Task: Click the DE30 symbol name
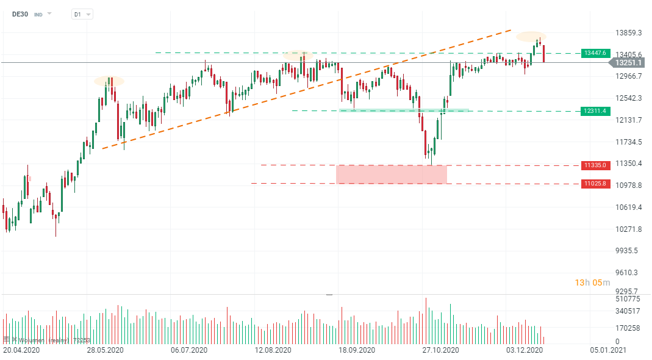(x=20, y=13)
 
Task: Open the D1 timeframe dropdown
(x=82, y=14)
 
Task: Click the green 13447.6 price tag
(x=595, y=53)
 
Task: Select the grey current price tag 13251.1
(x=628, y=62)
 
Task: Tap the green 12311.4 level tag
(x=595, y=111)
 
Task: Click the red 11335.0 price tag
(x=595, y=165)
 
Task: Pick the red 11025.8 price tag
(x=595, y=183)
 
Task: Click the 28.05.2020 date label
(x=105, y=351)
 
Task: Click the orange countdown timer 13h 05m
(x=592, y=283)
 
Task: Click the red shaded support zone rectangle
(x=391, y=174)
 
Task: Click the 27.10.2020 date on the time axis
(x=440, y=351)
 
